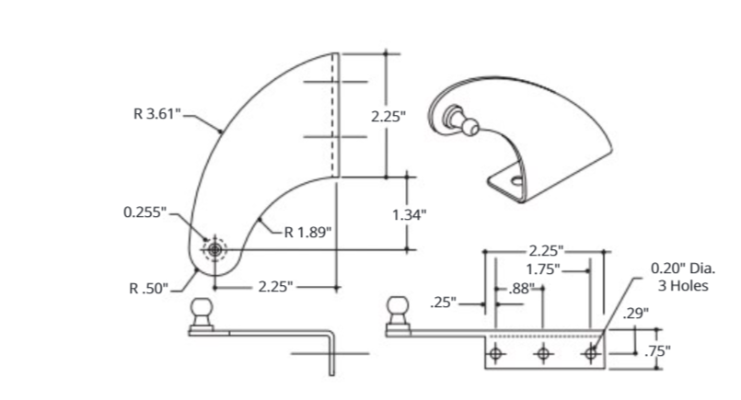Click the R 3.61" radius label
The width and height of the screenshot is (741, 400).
pyautogui.click(x=157, y=115)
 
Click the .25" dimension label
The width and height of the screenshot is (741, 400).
pyautogui.click(x=445, y=302)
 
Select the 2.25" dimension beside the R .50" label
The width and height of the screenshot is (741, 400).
pyautogui.click(x=277, y=288)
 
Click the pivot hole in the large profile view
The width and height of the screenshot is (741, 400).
pyautogui.click(x=214, y=249)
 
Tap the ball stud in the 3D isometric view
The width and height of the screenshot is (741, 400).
pyautogui.click(x=456, y=119)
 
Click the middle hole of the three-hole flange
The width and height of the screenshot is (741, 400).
pyautogui.click(x=543, y=352)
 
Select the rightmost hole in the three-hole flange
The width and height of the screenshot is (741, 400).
pyautogui.click(x=589, y=352)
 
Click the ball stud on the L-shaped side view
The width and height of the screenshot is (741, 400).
pyautogui.click(x=202, y=313)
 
